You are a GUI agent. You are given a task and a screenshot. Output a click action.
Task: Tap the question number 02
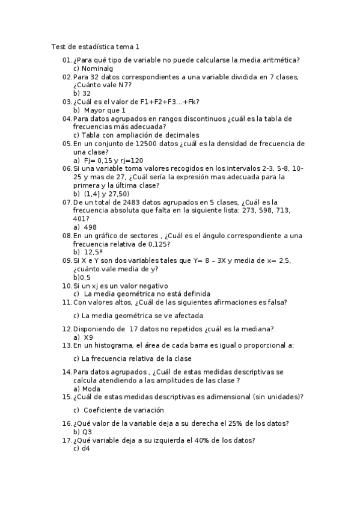click(67, 77)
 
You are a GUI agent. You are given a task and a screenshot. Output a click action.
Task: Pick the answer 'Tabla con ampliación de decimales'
click(140, 135)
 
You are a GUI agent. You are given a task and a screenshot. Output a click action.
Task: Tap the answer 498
click(90, 227)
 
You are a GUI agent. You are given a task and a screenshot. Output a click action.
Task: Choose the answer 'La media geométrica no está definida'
click(146, 294)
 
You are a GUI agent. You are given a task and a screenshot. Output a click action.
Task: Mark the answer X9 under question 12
click(88, 337)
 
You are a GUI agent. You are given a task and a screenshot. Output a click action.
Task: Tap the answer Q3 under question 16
click(87, 432)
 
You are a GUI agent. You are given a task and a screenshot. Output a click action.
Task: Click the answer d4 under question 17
click(85, 449)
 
